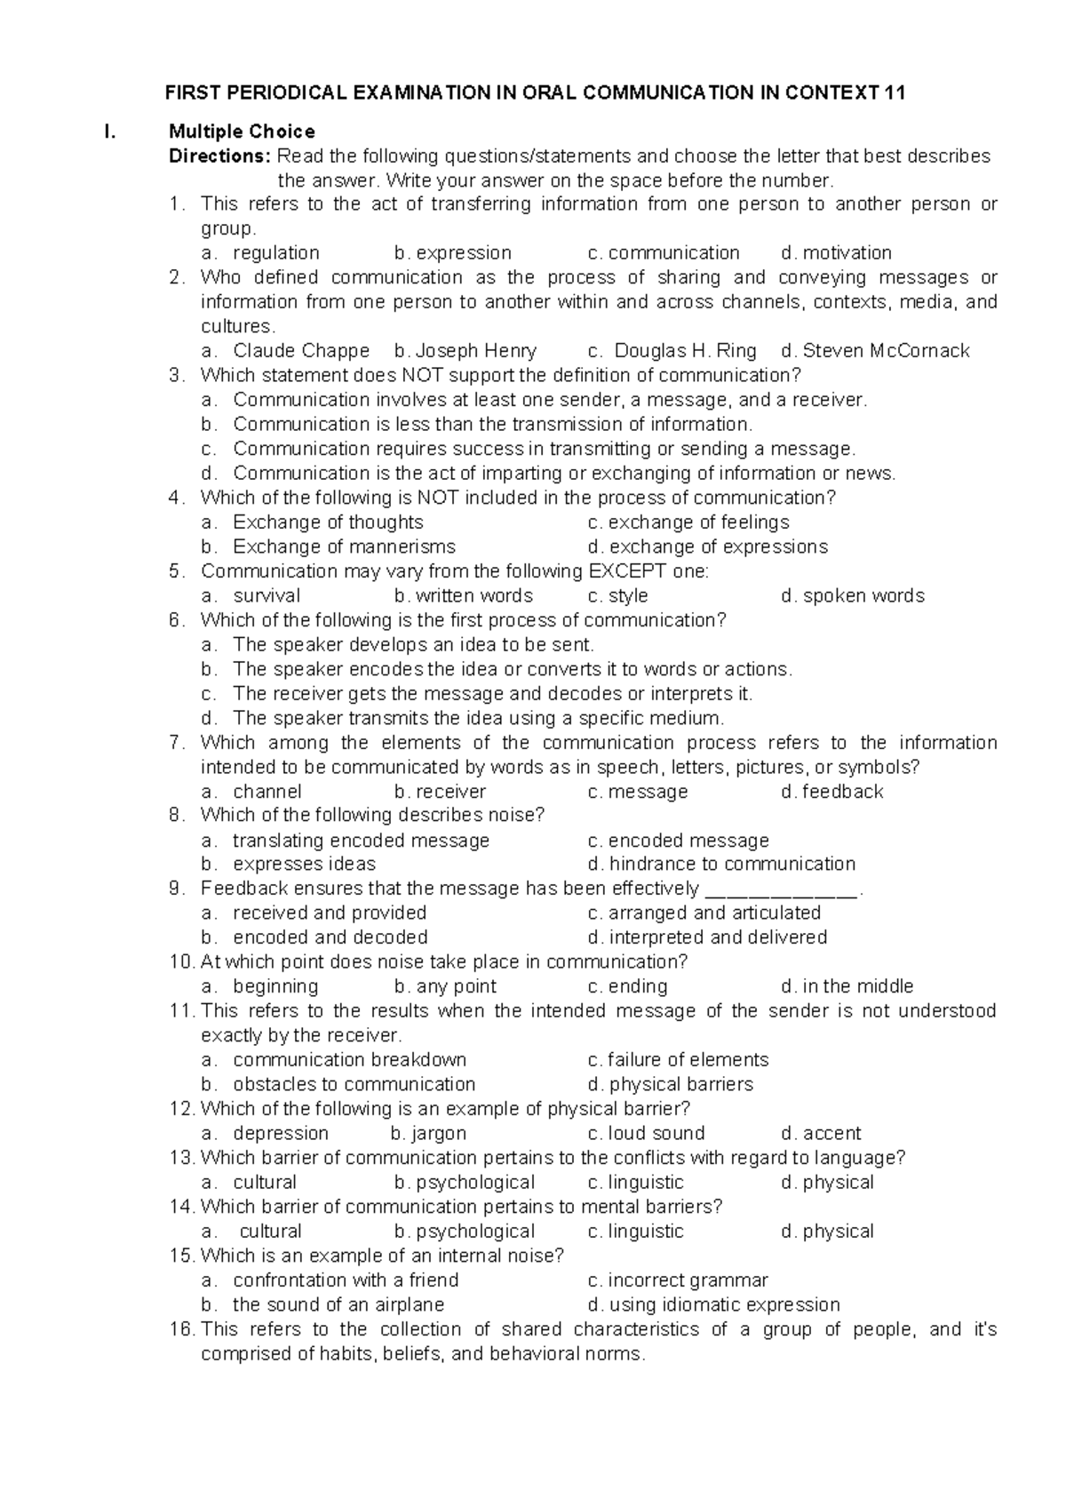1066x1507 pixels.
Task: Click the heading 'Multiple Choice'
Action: point(242,132)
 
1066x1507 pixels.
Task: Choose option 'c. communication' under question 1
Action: point(664,253)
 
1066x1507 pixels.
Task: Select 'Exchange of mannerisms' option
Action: point(344,546)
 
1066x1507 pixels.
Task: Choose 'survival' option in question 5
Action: point(266,595)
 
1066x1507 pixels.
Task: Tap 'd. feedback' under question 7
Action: point(832,792)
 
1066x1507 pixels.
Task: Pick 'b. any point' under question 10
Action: point(445,987)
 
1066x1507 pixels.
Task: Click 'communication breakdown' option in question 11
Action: point(349,1060)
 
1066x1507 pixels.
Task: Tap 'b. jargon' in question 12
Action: point(428,1134)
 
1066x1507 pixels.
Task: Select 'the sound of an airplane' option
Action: point(338,1305)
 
